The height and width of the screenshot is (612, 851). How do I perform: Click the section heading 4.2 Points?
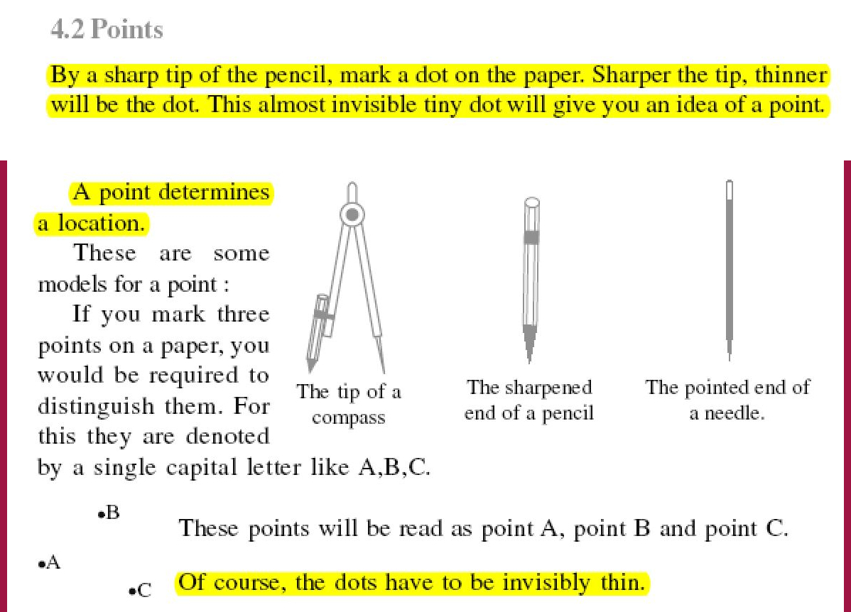[x=107, y=29]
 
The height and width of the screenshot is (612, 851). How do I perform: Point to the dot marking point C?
[x=132, y=591]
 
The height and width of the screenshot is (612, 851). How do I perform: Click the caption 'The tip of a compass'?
[x=349, y=404]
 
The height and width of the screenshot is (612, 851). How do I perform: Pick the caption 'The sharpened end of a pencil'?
[x=529, y=400]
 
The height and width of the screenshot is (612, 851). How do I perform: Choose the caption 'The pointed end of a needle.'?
[x=727, y=400]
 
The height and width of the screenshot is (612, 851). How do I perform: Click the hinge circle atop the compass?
[x=352, y=215]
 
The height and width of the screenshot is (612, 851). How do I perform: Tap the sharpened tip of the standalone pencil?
[x=529, y=360]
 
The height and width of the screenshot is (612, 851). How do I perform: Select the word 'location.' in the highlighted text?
[x=102, y=223]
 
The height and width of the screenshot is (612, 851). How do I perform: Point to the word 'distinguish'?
[x=96, y=406]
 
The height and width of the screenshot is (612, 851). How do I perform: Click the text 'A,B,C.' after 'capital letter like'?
[x=394, y=466]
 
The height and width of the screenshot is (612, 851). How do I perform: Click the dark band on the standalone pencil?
[x=531, y=238]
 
